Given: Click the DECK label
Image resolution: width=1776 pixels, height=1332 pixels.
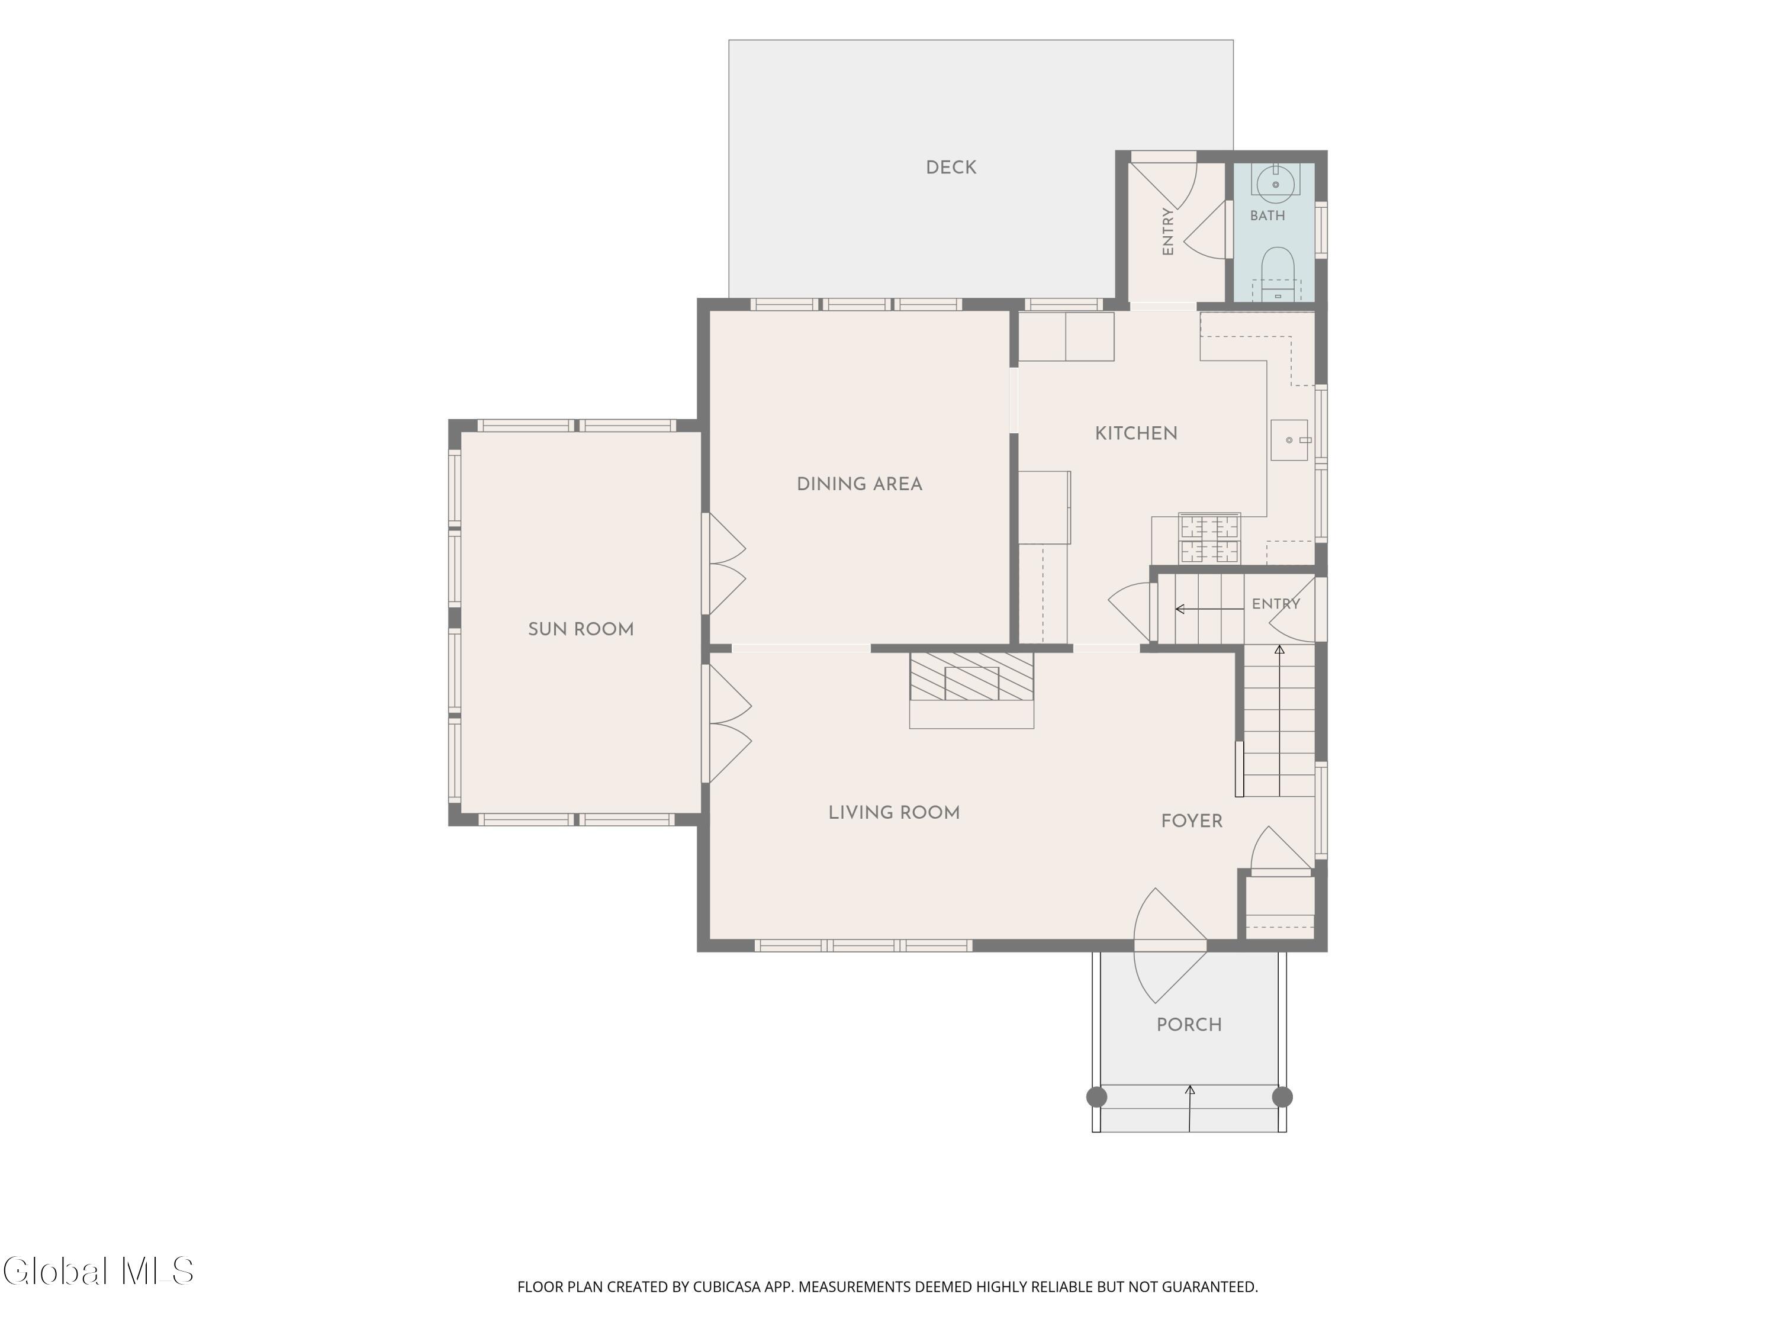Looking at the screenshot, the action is [x=951, y=168].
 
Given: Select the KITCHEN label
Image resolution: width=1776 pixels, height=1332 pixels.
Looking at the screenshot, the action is [x=1136, y=433].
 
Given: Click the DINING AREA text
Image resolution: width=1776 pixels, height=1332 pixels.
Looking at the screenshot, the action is [x=859, y=484].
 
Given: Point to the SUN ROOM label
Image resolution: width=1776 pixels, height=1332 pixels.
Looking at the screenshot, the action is [x=581, y=629].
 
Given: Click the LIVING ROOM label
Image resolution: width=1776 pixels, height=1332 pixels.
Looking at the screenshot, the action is [x=893, y=813].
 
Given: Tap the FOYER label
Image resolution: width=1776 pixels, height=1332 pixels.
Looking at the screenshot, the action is [x=1192, y=821].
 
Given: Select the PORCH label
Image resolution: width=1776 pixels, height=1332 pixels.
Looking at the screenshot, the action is [x=1189, y=1025].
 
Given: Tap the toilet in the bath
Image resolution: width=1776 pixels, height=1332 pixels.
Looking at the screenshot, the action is [x=1276, y=274].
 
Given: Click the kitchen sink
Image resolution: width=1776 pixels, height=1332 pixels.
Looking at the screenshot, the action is [x=1289, y=440].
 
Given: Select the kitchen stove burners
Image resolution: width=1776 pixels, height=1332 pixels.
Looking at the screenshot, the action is [x=1209, y=539].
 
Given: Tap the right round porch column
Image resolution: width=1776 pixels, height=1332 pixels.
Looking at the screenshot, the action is [x=1282, y=1097].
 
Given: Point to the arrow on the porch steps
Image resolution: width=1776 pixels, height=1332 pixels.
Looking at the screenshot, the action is [x=1190, y=1109].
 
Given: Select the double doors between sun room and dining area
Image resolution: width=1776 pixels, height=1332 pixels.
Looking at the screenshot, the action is [x=725, y=564].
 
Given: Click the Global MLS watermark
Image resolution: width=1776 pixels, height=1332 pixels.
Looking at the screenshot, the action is [x=98, y=1271].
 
